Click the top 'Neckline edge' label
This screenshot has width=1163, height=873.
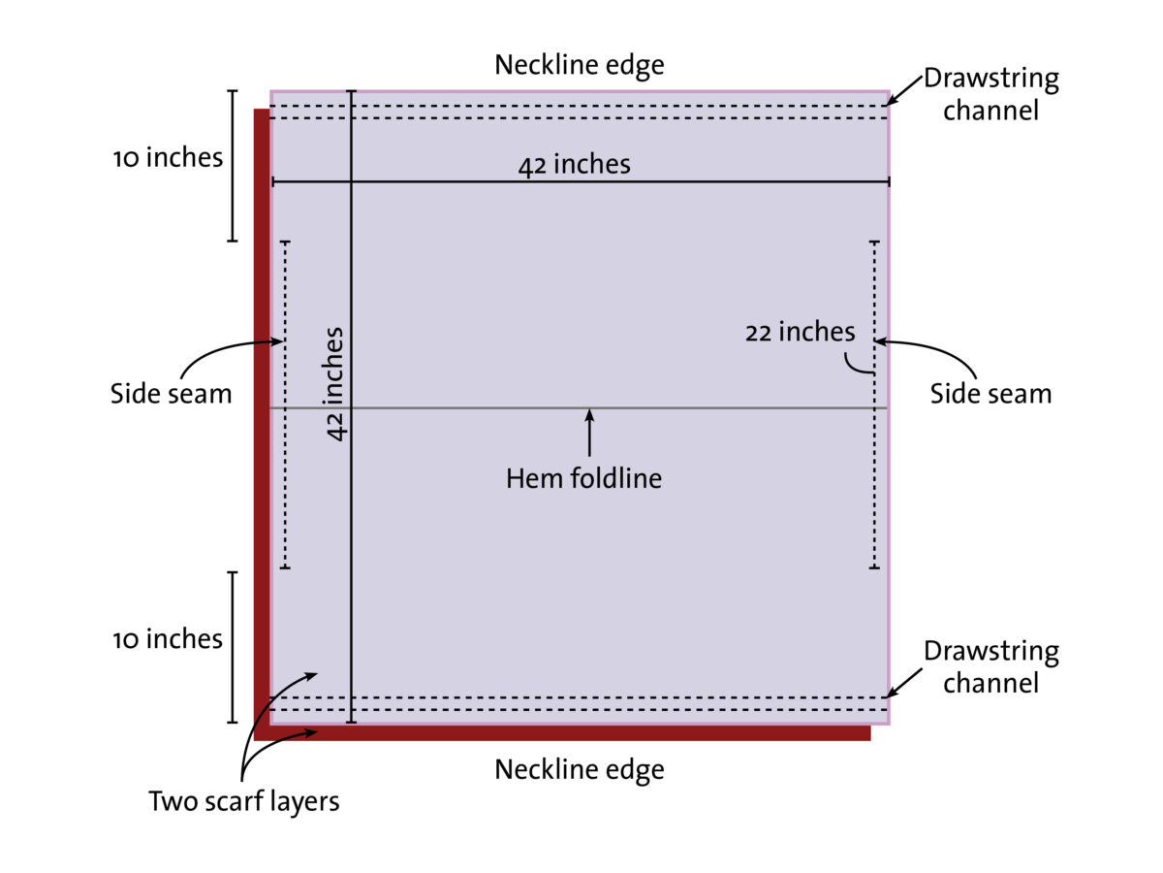tap(580, 66)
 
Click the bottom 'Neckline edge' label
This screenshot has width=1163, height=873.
tap(580, 770)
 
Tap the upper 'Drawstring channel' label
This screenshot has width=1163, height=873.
tap(990, 94)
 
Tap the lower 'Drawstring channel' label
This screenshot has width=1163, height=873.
tap(990, 666)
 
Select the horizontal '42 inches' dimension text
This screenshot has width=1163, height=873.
tap(574, 165)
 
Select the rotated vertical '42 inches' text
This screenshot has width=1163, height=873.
tap(335, 384)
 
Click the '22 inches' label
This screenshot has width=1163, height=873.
tap(801, 333)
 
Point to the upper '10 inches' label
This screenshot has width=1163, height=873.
tap(168, 157)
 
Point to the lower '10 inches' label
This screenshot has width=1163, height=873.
tap(168, 639)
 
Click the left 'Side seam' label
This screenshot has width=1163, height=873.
tap(171, 394)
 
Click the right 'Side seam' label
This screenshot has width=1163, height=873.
tap(990, 394)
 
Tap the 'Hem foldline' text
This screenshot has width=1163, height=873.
tap(583, 478)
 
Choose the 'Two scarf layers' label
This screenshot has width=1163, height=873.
tap(244, 802)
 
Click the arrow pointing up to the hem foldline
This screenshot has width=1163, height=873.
tap(588, 432)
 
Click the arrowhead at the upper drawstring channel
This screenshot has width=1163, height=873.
tap(893, 98)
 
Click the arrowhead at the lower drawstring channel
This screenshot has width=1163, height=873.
tap(893, 692)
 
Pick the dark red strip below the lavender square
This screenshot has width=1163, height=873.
tap(562, 732)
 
